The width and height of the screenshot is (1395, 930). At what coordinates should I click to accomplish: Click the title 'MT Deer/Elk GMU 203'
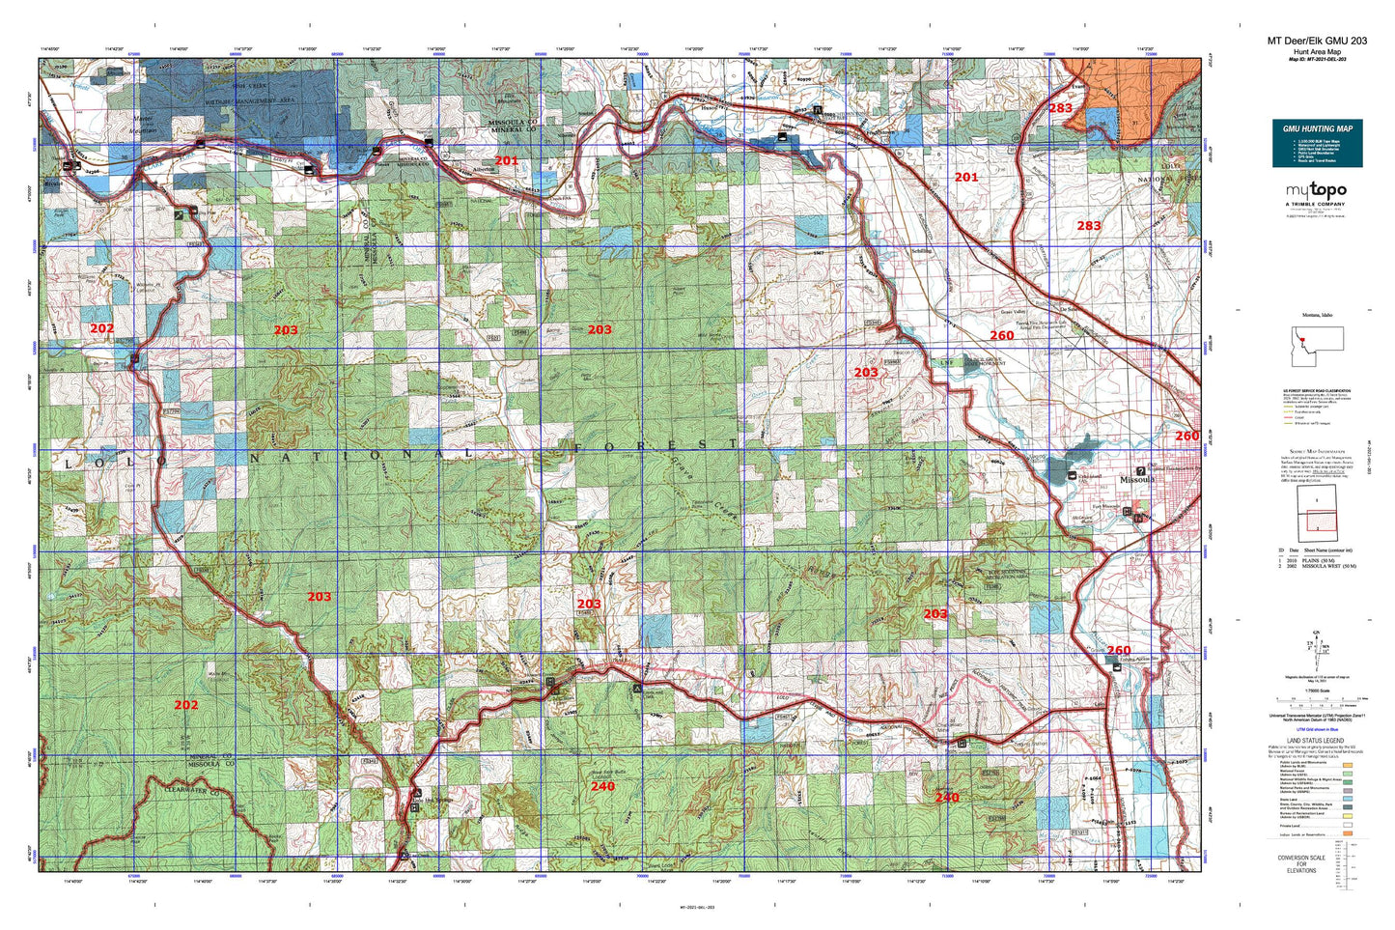1317,41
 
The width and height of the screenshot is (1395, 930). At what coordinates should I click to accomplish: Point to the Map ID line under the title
1317,59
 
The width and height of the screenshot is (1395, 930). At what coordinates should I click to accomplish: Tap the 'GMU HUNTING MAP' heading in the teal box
1317,128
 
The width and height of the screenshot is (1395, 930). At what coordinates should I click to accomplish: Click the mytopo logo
1317,191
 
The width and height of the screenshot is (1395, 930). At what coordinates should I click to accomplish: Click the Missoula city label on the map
1136,480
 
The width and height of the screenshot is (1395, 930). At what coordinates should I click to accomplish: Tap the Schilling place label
922,250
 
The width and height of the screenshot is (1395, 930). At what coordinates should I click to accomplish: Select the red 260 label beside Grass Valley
1001,336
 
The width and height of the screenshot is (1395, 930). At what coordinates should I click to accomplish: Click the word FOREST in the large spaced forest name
656,445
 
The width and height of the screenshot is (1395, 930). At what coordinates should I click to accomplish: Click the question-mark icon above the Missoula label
1141,470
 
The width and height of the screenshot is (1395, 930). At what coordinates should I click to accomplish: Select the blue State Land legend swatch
1347,799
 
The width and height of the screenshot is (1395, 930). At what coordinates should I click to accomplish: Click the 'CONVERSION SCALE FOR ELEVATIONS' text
1300,863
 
